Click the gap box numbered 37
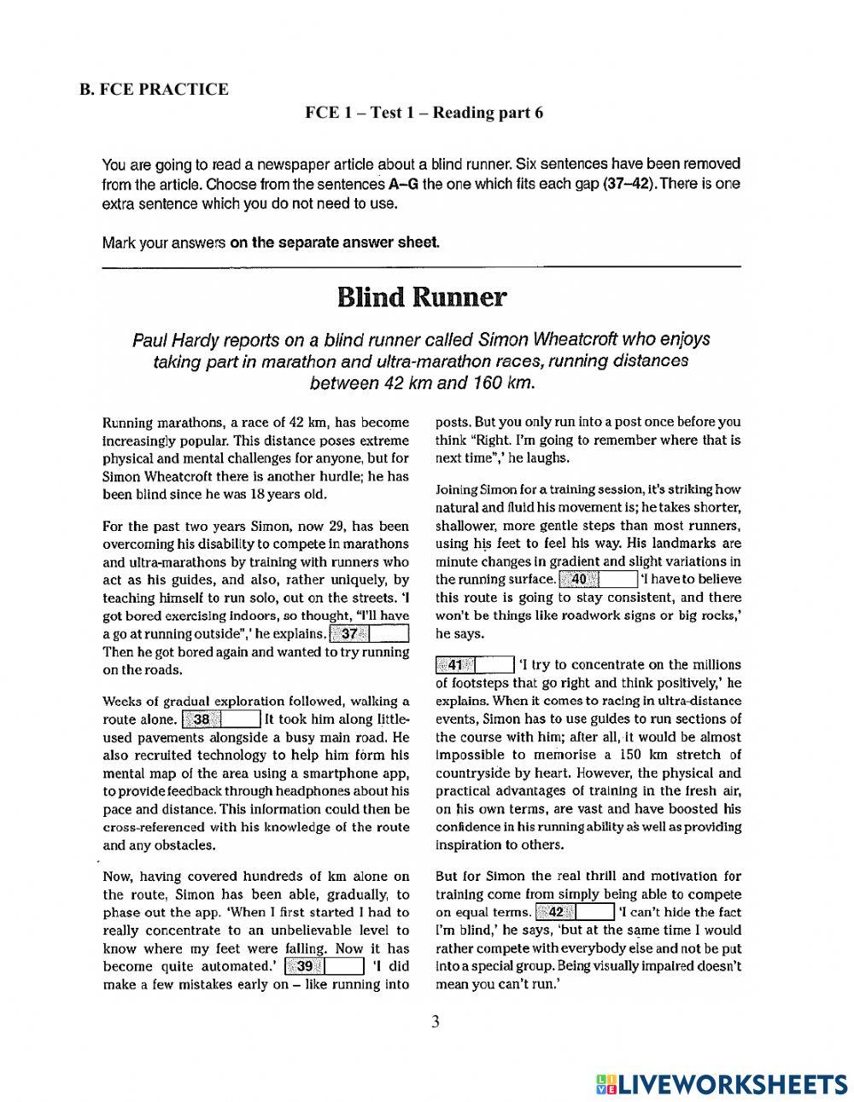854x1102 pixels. point(369,633)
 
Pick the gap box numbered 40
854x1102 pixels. point(598,580)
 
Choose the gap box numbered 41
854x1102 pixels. point(474,664)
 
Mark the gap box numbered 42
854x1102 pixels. point(574,912)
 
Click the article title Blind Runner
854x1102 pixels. point(421,297)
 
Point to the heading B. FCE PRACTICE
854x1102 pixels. point(154,89)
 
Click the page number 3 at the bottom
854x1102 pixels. point(435,1021)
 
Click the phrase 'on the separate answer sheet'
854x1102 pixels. point(335,242)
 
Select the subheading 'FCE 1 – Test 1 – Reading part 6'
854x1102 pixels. point(424,113)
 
